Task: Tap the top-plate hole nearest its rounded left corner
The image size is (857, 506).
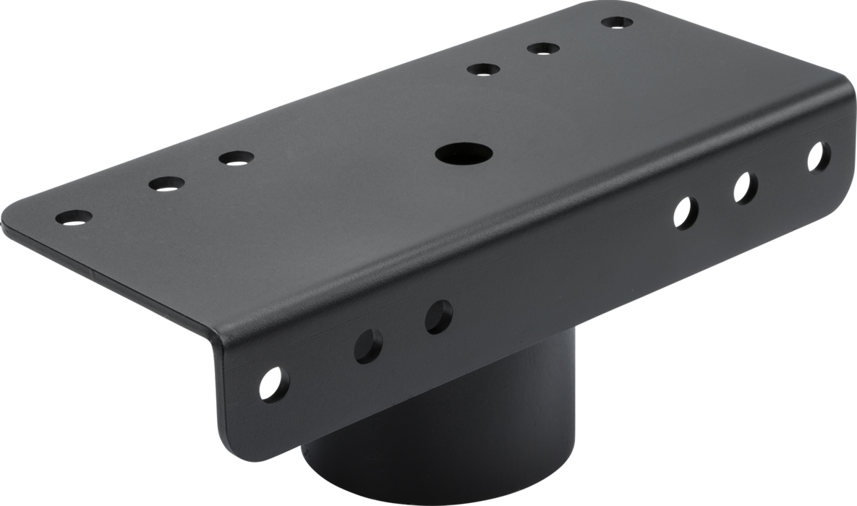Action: pyautogui.click(x=74, y=215)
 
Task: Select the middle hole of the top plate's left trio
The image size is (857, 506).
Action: pyautogui.click(x=166, y=183)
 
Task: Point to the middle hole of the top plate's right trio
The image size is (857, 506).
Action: pyautogui.click(x=543, y=49)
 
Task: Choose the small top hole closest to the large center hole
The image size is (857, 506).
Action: pyautogui.click(x=484, y=69)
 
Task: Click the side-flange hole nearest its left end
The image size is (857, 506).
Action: pyautogui.click(x=273, y=382)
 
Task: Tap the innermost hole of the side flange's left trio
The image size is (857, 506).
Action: pyautogui.click(x=438, y=315)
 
